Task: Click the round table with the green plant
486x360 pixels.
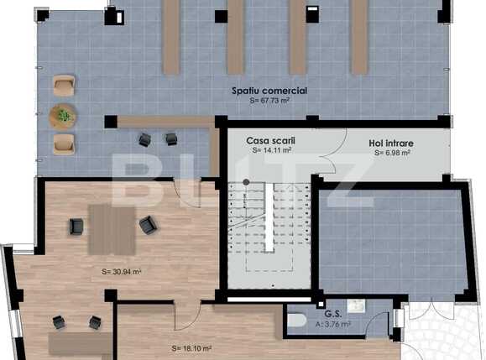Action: pos(63,113)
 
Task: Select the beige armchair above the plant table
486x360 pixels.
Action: pos(63,85)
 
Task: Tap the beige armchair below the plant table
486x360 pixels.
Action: pos(63,143)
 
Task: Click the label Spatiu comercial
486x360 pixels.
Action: pos(269,91)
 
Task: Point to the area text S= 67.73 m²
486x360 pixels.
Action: pos(269,101)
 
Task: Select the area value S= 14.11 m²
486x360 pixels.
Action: pos(271,151)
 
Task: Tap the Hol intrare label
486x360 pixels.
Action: pos(391,143)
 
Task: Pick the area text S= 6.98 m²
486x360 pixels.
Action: pos(392,154)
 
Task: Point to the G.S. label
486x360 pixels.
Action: pos(332,313)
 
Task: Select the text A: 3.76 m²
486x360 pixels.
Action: pos(333,323)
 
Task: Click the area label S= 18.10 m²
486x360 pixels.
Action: pos(191,347)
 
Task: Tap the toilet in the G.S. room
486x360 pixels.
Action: pos(296,319)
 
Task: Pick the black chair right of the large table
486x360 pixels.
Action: pos(148,224)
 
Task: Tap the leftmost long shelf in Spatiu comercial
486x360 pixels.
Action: pos(170,38)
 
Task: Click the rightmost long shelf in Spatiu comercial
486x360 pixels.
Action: pos(359,38)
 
